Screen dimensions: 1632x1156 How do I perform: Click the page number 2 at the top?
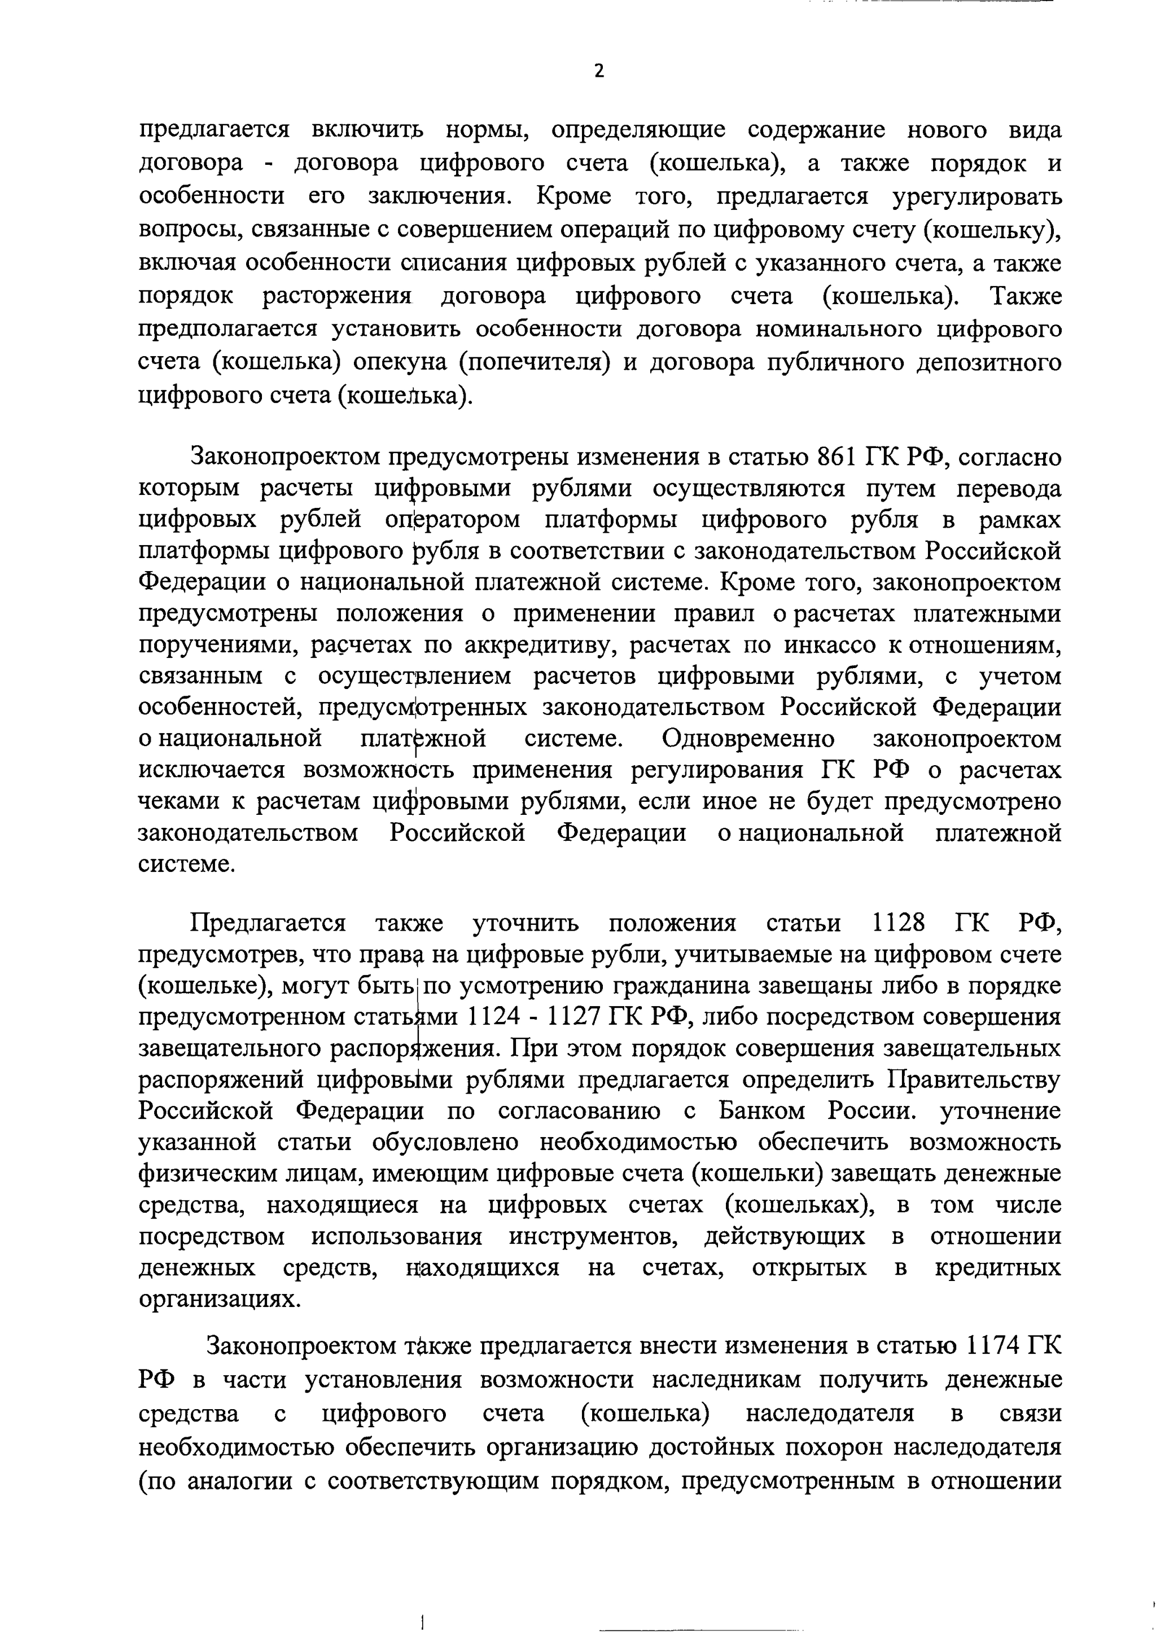(599, 71)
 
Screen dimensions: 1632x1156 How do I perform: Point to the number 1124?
(494, 1017)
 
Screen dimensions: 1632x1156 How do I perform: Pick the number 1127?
(576, 1017)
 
